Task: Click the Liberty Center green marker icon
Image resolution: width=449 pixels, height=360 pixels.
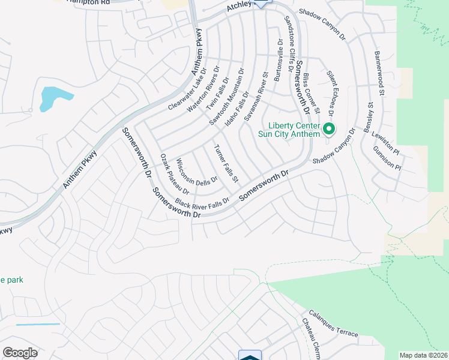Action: [328, 128]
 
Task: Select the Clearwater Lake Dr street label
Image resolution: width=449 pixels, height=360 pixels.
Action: [187, 89]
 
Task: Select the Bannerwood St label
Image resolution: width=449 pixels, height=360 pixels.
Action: [379, 74]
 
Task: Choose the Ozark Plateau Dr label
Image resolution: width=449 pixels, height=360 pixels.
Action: [174, 174]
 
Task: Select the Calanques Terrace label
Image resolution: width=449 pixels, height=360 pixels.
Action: [333, 323]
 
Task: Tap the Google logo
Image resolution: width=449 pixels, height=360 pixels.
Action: [20, 353]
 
